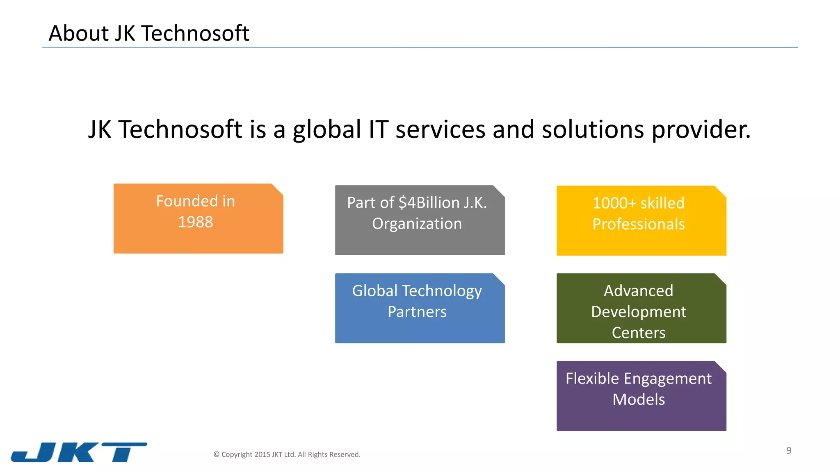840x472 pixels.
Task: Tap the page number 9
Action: point(788,450)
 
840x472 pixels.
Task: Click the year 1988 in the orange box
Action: point(195,222)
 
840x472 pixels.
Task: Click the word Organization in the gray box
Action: point(417,224)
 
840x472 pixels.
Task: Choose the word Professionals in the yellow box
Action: point(638,224)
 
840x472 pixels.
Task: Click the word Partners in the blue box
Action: point(417,312)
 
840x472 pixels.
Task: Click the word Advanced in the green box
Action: point(638,291)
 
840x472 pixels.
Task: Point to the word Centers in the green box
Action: point(638,333)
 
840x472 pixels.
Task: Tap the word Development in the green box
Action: point(638,312)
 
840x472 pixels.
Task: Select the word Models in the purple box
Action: point(638,399)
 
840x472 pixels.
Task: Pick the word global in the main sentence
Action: point(326,129)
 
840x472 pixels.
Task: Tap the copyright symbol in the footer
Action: point(217,454)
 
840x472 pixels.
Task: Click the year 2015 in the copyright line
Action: point(262,454)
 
